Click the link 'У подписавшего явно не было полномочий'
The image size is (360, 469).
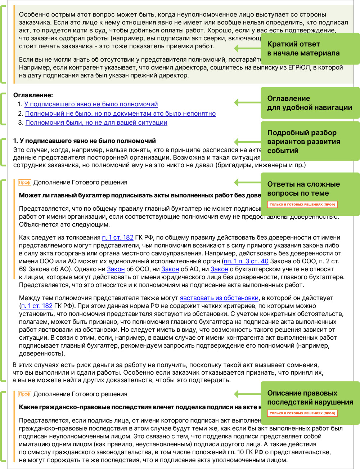tap(91, 104)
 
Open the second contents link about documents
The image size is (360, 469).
tap(120, 113)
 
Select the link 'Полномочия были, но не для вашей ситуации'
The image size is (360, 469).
tap(96, 122)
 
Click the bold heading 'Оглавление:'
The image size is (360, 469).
tap(33, 95)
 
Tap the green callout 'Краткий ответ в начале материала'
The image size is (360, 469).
tap(310, 49)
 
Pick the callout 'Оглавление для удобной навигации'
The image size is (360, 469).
tap(310, 103)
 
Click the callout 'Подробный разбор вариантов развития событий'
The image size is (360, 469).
tap(310, 141)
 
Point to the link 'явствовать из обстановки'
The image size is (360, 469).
tap(219, 298)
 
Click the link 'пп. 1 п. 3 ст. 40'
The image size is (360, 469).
tap(246, 261)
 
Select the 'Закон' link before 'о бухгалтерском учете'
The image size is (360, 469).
tap(219, 269)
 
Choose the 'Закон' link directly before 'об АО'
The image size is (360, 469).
tap(170, 269)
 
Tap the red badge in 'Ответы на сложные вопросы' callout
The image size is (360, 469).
tap(302, 204)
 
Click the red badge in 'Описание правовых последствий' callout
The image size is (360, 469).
tap(302, 413)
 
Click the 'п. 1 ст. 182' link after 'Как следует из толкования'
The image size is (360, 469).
tap(118, 237)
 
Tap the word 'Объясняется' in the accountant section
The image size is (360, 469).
tap(37, 224)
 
